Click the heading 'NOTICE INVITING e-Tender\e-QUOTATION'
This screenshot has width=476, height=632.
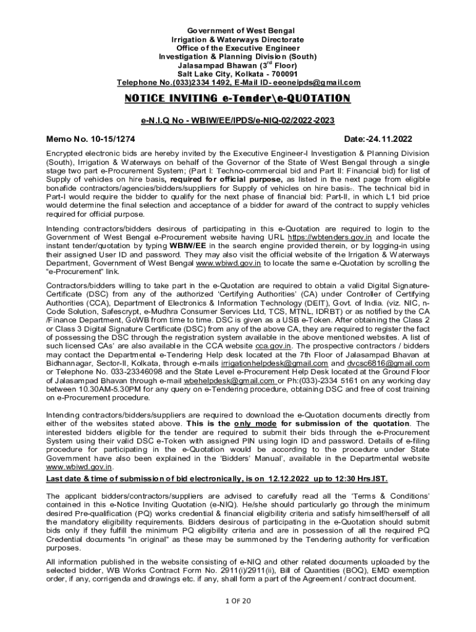tap(238, 99)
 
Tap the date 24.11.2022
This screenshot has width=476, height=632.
tap(389, 139)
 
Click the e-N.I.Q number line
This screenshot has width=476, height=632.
tap(238, 122)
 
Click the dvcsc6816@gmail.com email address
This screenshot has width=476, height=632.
tap(392, 364)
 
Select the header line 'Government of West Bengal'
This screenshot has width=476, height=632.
tap(238, 31)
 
